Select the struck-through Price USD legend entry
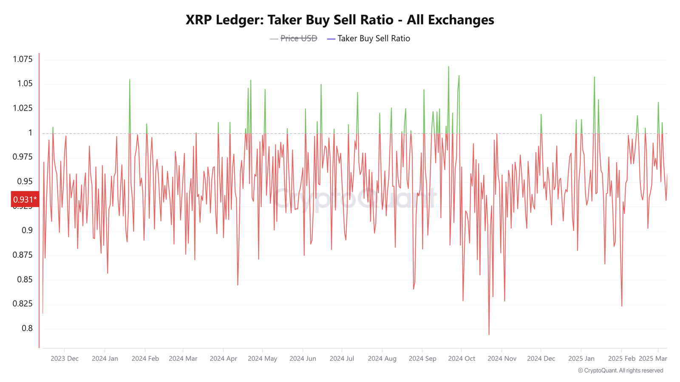tap(298, 39)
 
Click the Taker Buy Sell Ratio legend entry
tap(373, 39)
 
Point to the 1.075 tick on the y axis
tap(23, 59)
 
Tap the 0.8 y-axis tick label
tap(27, 328)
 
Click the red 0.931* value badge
tap(25, 199)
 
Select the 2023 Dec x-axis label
tap(64, 359)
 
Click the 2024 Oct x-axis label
tap(461, 359)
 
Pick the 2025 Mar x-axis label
tap(652, 359)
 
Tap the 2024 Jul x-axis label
tap(342, 359)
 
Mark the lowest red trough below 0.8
tap(489, 334)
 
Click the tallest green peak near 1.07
tap(448, 67)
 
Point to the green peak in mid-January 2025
tap(594, 78)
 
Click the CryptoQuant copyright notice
tap(620, 371)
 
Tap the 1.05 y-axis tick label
tap(25, 84)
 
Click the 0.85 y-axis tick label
tap(25, 279)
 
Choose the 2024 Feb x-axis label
tap(145, 359)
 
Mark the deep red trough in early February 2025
tap(622, 306)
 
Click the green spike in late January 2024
tap(130, 80)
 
